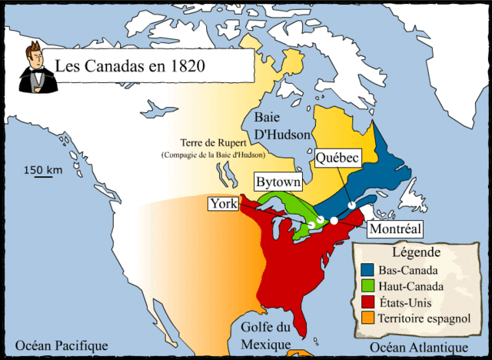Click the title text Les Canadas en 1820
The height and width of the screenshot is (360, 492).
tap(129, 65)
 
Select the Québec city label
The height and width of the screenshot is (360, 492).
tap(337, 158)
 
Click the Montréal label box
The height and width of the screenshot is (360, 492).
tap(395, 229)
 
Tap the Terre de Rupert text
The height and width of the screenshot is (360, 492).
tap(212, 143)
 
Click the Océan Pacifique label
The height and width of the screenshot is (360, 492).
tap(61, 345)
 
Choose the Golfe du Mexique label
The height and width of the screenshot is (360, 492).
tap(265, 335)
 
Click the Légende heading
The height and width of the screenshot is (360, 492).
tap(416, 252)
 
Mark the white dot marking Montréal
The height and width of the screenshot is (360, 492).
tap(334, 221)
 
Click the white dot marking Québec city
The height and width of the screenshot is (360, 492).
tap(351, 205)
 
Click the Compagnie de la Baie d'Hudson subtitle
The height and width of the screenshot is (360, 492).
tap(213, 155)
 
